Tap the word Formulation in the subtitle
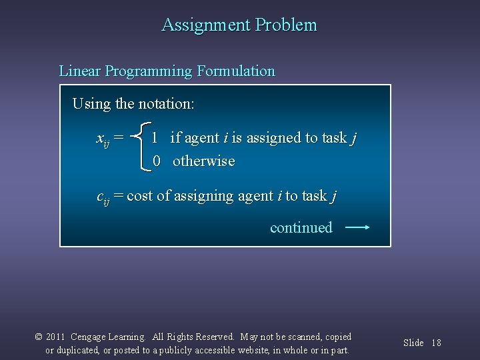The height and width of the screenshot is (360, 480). tap(236, 71)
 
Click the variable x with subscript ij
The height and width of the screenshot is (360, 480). tap(103, 139)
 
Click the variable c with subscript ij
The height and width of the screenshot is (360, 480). tap(103, 197)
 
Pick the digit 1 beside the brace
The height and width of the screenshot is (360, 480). tap(155, 138)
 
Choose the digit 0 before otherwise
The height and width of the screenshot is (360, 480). tap(157, 161)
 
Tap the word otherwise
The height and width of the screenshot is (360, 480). tap(204, 161)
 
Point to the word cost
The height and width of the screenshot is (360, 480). tap(140, 196)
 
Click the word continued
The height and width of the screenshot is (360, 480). tap(301, 227)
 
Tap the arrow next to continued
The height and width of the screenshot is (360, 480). tap(358, 227)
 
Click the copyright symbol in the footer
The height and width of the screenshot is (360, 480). tap(39, 337)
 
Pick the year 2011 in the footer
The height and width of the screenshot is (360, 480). tap(56, 337)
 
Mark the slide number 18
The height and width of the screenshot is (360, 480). tap(437, 343)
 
